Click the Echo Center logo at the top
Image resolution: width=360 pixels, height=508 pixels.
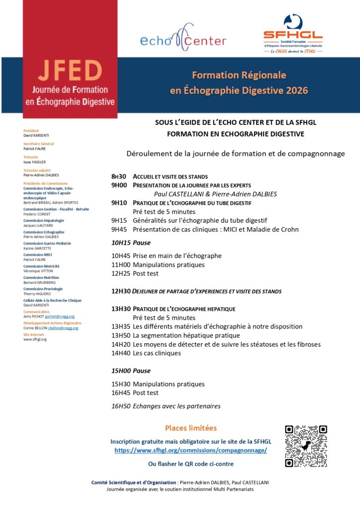point(183,38)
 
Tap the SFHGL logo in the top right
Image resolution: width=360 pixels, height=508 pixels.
point(292,34)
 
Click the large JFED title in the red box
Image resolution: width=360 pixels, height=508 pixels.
point(70,72)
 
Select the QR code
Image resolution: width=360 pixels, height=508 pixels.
point(306,446)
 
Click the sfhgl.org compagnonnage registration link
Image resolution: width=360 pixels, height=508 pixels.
point(191,450)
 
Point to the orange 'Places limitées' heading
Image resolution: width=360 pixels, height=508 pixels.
point(191,428)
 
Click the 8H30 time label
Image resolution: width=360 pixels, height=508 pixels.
point(119,177)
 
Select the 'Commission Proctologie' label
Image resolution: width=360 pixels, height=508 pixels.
point(43,289)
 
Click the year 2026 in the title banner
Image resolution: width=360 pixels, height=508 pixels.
point(294,90)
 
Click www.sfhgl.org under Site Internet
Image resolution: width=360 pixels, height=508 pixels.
point(35,339)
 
